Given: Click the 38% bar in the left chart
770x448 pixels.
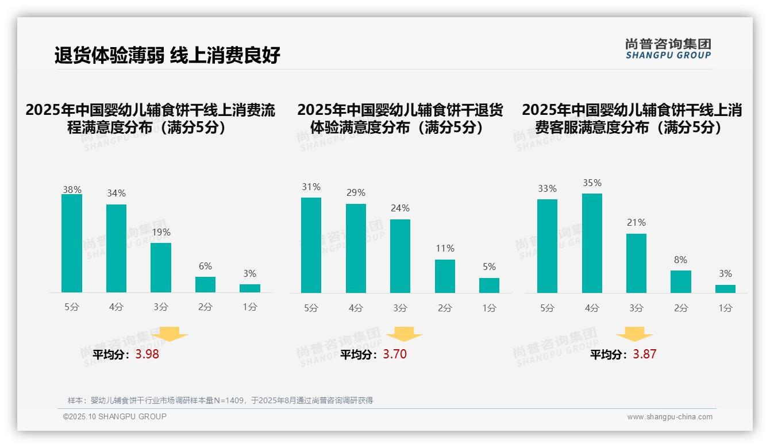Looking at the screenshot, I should (x=72, y=244).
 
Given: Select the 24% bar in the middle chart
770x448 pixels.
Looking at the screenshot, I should (x=400, y=256).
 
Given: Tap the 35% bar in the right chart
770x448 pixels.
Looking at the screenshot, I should (x=592, y=243).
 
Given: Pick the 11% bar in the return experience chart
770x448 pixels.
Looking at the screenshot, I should (x=445, y=276).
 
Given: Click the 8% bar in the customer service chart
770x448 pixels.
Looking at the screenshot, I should (x=680, y=281).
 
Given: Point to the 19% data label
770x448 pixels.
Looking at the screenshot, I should (x=161, y=233).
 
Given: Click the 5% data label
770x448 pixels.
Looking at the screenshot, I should (x=489, y=267).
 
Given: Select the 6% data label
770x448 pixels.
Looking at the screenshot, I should (x=205, y=267).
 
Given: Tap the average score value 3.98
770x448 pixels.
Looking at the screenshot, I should (x=147, y=354).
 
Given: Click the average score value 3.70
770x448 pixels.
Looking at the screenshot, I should (x=395, y=354).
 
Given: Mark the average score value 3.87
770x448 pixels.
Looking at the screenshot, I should (x=644, y=354).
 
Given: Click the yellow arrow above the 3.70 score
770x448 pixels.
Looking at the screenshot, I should (x=405, y=334).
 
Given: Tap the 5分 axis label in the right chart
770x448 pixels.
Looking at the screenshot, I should (x=547, y=308).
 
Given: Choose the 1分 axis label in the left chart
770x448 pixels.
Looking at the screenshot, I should (x=250, y=307).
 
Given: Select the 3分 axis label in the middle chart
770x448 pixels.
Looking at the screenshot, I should (x=400, y=308).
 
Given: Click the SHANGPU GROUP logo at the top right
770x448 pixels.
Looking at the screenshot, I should (x=668, y=49).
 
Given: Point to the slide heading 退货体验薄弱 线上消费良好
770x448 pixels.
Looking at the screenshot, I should (x=167, y=56).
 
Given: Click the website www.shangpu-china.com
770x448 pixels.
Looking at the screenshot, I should (x=669, y=417).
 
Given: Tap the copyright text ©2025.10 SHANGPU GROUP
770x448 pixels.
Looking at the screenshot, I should (x=115, y=416).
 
